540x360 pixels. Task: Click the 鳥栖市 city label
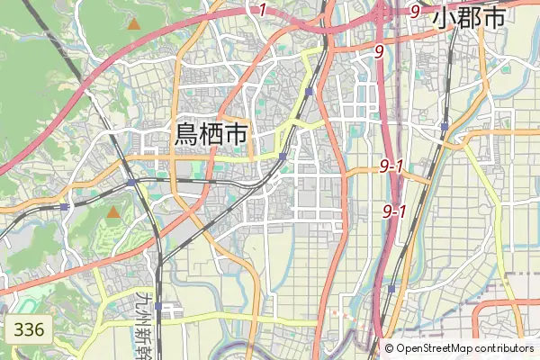[211, 135]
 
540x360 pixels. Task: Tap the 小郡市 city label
[467, 18]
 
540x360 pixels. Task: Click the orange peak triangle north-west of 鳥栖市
[133, 23]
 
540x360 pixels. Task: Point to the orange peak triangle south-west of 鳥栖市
[113, 213]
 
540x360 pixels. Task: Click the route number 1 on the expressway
[262, 11]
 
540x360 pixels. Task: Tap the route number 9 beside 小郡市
[415, 11]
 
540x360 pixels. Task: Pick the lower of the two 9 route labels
[379, 52]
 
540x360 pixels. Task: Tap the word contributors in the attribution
[504, 348]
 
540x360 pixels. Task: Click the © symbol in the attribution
[390, 348]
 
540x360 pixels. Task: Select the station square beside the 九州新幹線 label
[158, 306]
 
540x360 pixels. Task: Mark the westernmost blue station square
[65, 207]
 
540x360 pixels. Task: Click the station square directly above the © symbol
[391, 288]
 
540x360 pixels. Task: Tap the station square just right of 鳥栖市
[283, 157]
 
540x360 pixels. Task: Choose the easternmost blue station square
[444, 126]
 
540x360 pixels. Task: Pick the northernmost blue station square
[309, 92]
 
